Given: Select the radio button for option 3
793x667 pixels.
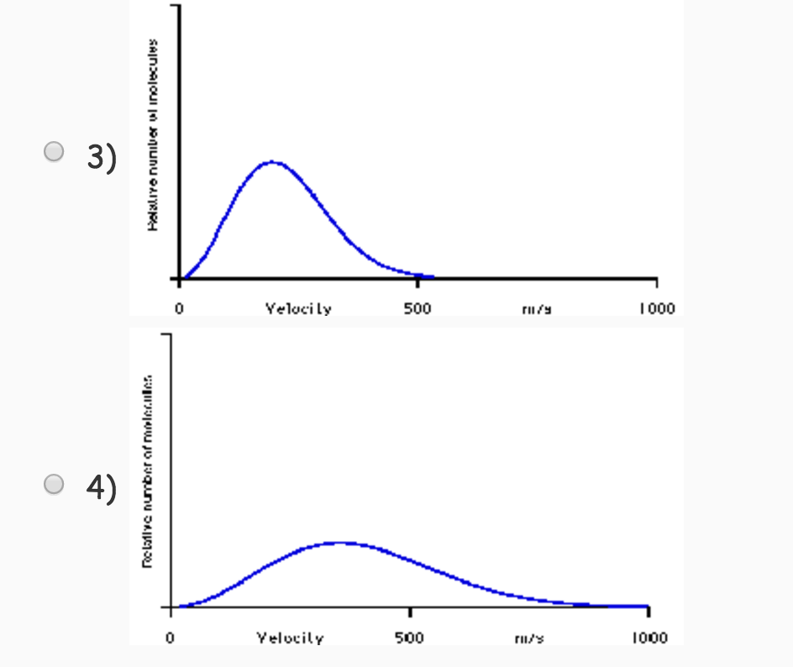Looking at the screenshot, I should tap(55, 152).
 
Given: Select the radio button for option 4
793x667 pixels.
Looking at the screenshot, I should tap(55, 484).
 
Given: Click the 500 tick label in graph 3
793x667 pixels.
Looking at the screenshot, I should tap(418, 308).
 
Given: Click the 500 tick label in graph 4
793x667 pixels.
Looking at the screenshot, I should tap(410, 638).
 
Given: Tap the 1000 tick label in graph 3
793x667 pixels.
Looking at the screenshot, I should tap(656, 308).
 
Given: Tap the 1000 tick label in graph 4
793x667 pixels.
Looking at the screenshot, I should tap(649, 638).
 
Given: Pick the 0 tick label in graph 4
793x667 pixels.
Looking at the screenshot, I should tap(171, 638).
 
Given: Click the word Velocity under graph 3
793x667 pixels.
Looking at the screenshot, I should tap(298, 308).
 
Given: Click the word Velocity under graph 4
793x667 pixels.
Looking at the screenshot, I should tap(290, 638).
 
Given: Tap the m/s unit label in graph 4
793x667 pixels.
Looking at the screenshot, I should tap(529, 638).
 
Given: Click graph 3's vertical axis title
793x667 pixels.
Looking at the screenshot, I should tap(153, 134).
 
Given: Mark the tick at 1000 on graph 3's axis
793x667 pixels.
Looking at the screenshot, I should tap(657, 281).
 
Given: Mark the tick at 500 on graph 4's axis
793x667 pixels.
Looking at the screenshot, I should tap(410, 611).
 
